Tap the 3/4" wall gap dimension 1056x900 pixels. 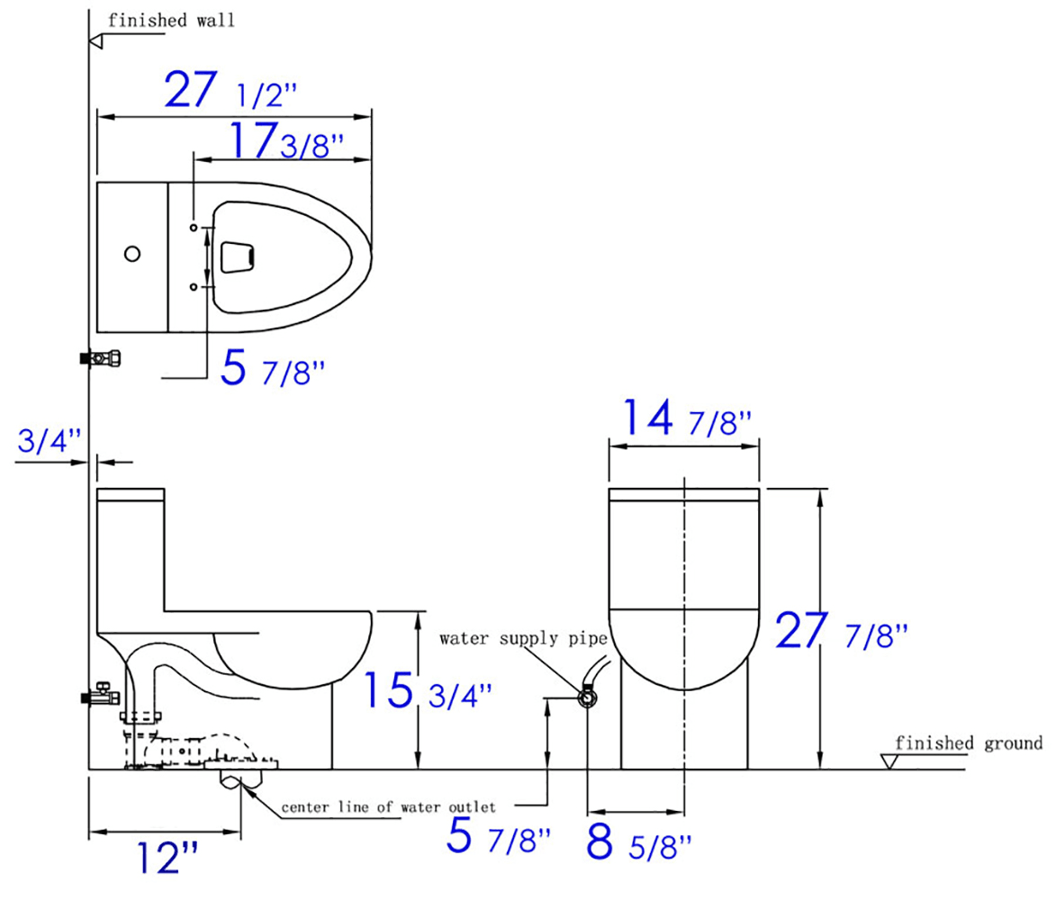[x=50, y=440]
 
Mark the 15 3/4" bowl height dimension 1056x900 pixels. [x=428, y=691]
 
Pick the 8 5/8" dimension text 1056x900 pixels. [x=639, y=843]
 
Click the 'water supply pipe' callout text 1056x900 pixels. [x=523, y=639]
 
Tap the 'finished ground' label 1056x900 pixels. [x=969, y=743]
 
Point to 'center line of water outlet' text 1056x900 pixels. [x=388, y=806]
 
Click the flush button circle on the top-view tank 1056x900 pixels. [x=132, y=255]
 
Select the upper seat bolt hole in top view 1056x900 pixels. [x=194, y=228]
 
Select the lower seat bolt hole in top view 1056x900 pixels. [x=194, y=286]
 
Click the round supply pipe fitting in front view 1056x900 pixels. [x=587, y=697]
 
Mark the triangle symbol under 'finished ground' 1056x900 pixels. [x=892, y=761]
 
